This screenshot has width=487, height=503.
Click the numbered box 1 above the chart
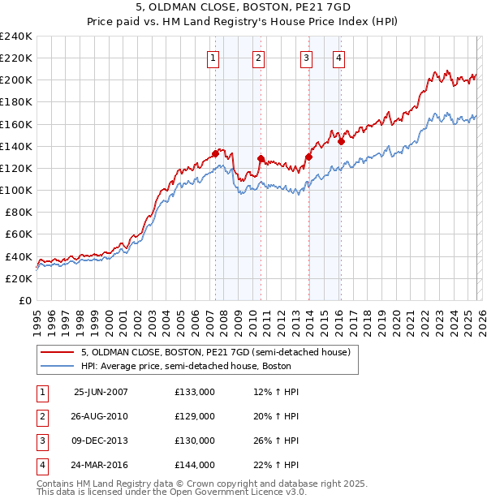pos(213,57)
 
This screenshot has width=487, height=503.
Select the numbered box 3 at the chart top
pos(306,57)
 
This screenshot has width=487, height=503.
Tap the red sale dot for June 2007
pos(215,153)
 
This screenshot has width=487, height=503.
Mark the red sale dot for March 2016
pos(341,141)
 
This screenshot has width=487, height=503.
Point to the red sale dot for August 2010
pos(261,158)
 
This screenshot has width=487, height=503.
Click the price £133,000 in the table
pos(194,392)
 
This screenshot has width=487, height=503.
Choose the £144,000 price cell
pos(194,465)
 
